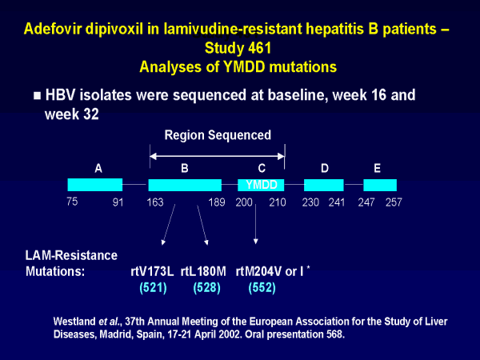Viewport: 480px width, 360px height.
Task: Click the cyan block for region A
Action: pos(94,185)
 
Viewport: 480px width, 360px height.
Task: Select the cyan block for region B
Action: pos(185,185)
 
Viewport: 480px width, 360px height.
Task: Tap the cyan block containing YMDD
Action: pos(261,185)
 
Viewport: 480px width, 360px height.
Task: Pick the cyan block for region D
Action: pos(324,185)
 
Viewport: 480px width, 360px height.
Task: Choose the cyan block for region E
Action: pos(380,185)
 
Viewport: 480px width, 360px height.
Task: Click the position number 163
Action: pos(155,202)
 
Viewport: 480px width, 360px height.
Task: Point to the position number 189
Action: pos(216,202)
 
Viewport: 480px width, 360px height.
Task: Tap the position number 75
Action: pos(73,202)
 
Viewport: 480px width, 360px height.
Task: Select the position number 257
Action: pos(394,202)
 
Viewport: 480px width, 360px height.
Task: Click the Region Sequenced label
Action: pos(218,135)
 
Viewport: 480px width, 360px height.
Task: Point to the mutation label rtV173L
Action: pos(153,271)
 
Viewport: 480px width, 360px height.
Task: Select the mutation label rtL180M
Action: pos(204,271)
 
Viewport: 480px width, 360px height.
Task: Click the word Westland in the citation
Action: pos(76,322)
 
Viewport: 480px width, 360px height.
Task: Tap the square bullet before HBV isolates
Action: pos(37,95)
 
